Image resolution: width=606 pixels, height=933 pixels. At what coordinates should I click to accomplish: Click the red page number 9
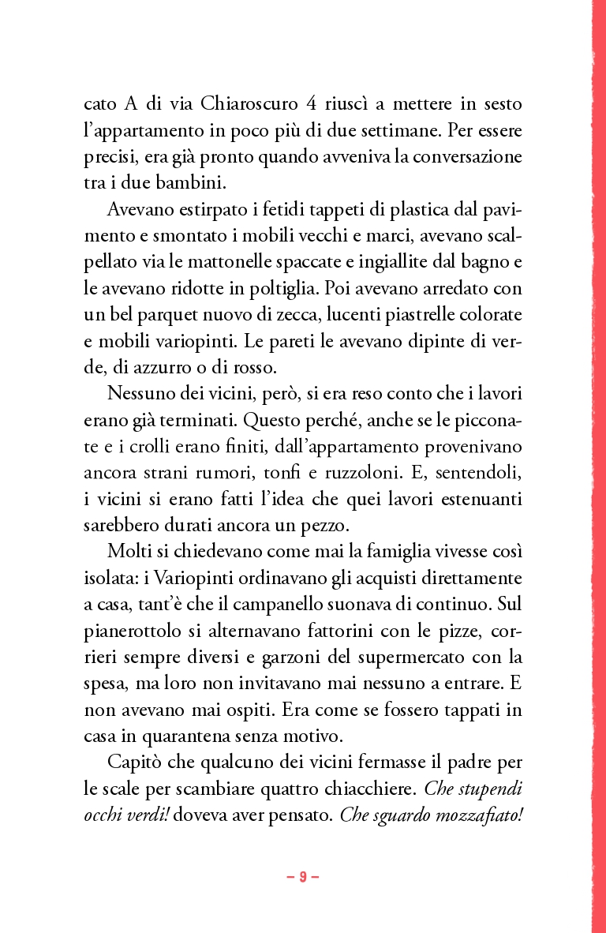pos(302,877)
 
